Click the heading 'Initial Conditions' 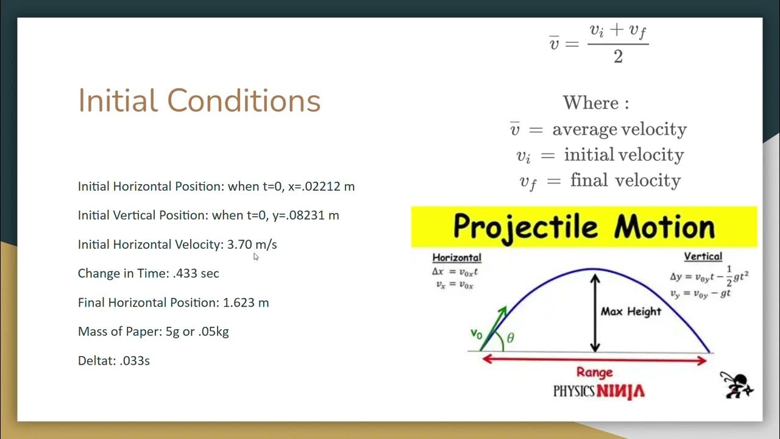(x=199, y=101)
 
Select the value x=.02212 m (x=321, y=187)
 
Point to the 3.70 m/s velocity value (x=252, y=244)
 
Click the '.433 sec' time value (x=196, y=274)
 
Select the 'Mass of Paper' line (x=153, y=332)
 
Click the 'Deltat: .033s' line (x=113, y=361)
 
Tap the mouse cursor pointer (x=256, y=257)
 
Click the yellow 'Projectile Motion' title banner (x=583, y=227)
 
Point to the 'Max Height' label (x=631, y=312)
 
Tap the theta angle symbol (x=510, y=338)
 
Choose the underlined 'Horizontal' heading (x=456, y=257)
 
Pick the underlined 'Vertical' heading (x=703, y=257)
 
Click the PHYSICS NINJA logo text (x=598, y=391)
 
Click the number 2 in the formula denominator (x=618, y=58)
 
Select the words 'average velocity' (x=619, y=129)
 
